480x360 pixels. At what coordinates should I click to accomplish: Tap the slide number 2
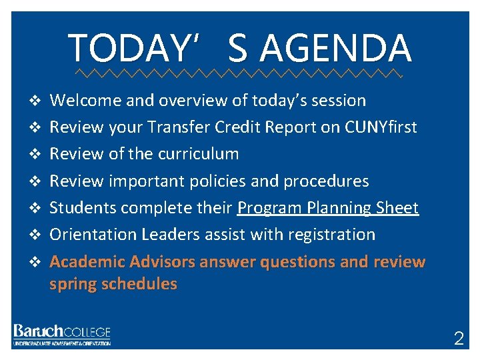point(459,338)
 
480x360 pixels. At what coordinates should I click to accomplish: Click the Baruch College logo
point(61,334)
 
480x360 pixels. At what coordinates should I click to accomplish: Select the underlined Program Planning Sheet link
point(328,208)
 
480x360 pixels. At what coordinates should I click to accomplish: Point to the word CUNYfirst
point(381,127)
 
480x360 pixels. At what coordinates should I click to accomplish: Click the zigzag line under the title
point(239,71)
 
